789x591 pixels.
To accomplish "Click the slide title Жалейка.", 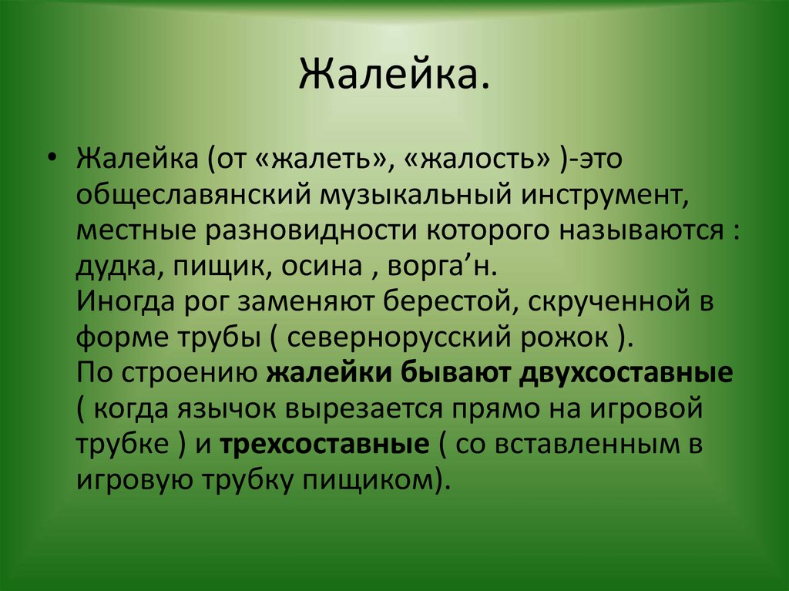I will (394, 76).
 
